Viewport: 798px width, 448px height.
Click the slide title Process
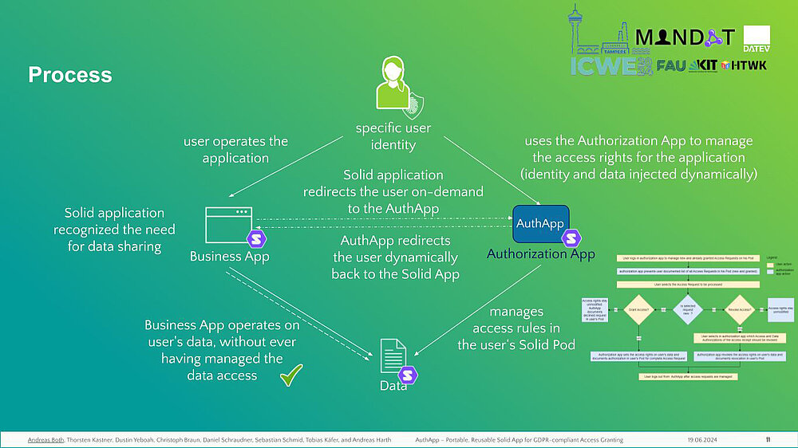click(70, 75)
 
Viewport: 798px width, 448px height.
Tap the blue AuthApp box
click(540, 224)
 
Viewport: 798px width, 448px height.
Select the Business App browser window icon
click(228, 225)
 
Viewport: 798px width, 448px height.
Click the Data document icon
click(392, 357)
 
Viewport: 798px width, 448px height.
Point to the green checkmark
click(292, 375)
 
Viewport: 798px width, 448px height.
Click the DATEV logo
click(756, 35)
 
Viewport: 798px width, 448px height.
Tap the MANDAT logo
click(684, 37)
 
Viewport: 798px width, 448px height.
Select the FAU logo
click(671, 65)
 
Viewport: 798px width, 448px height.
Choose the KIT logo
click(704, 65)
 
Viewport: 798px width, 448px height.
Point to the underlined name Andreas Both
click(45, 440)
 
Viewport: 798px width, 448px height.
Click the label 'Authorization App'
click(540, 254)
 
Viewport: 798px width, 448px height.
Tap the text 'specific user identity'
click(393, 136)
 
